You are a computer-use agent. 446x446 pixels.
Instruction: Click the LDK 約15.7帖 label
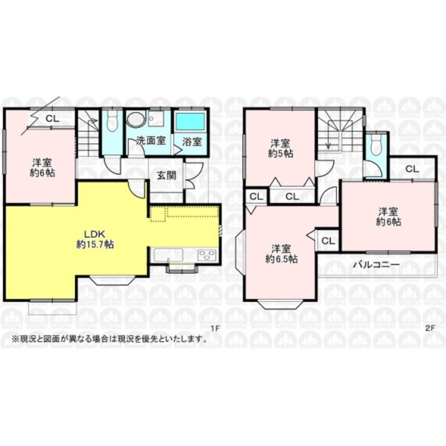pyautogui.click(x=95, y=240)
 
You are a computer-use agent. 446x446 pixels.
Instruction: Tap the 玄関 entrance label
pyautogui.click(x=167, y=175)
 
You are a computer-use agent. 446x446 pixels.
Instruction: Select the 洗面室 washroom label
pyautogui.click(x=151, y=140)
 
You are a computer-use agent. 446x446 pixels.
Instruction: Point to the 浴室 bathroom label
pyautogui.click(x=192, y=142)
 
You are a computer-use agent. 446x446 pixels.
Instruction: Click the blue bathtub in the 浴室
pyautogui.click(x=190, y=121)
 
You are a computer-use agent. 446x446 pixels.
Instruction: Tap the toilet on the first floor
pyautogui.click(x=112, y=121)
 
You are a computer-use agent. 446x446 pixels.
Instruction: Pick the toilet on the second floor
pyautogui.click(x=376, y=145)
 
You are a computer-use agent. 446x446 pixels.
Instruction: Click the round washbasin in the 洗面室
pyautogui.click(x=136, y=119)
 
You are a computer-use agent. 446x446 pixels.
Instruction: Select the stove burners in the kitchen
pyautogui.click(x=207, y=255)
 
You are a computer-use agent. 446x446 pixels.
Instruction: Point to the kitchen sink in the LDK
pyautogui.click(x=168, y=255)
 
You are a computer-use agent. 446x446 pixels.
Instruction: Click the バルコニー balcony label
pyautogui.click(x=376, y=265)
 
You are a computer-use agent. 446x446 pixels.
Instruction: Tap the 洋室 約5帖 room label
pyautogui.click(x=281, y=148)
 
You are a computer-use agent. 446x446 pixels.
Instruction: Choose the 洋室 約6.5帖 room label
pyautogui.click(x=281, y=254)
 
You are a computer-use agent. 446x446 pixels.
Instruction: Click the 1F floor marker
pyautogui.click(x=216, y=328)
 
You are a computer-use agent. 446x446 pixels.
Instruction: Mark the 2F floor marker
pyautogui.click(x=431, y=328)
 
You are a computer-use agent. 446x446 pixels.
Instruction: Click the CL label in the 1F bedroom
pyautogui.click(x=52, y=118)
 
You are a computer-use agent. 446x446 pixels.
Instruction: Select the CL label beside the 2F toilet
pyautogui.click(x=412, y=169)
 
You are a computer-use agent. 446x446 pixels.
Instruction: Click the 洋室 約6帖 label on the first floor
pyautogui.click(x=42, y=168)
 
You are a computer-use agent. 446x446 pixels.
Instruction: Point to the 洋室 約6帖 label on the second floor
pyautogui.click(x=388, y=216)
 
